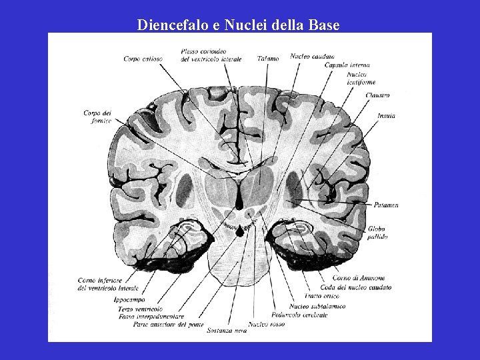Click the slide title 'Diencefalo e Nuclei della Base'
[x=238, y=25]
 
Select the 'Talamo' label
[x=268, y=59]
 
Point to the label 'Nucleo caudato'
[x=312, y=57]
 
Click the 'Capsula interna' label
[x=347, y=65]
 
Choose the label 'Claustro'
[x=377, y=95]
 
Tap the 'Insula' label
[x=386, y=116]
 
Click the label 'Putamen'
[x=386, y=205]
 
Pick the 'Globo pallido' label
[x=376, y=232]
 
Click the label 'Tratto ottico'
[x=322, y=296]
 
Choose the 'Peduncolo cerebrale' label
[x=300, y=315]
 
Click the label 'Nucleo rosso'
[x=266, y=324]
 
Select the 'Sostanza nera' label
[x=226, y=330]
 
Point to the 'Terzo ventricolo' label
[x=140, y=309]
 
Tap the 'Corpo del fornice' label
[x=97, y=117]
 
